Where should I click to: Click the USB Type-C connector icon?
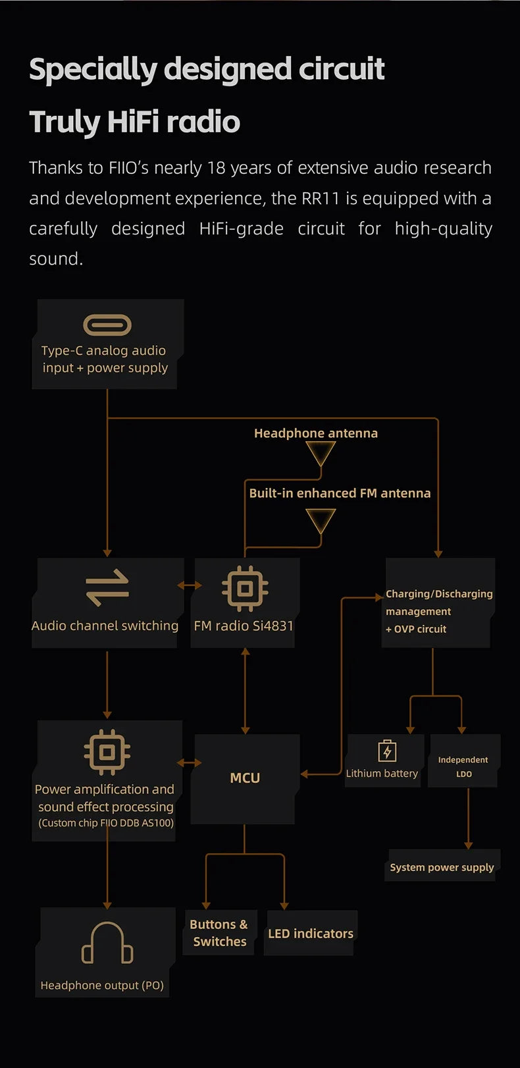107,325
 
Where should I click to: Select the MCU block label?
245,778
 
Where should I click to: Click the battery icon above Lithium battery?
387,751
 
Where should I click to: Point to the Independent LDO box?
463,766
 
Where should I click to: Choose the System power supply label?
442,867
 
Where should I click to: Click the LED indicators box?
311,933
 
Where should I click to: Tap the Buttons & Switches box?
219,933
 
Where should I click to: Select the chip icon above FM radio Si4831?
245,587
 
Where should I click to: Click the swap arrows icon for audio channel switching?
107,587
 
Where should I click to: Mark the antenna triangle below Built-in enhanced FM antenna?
321,521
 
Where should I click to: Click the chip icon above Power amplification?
107,751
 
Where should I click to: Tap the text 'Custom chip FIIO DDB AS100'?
106,823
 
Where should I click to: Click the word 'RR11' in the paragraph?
321,198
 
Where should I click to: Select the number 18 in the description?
217,168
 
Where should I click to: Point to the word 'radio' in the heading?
203,122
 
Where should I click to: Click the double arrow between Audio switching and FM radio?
190,585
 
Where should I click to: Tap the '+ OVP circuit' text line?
416,629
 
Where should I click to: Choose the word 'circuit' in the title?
342,69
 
